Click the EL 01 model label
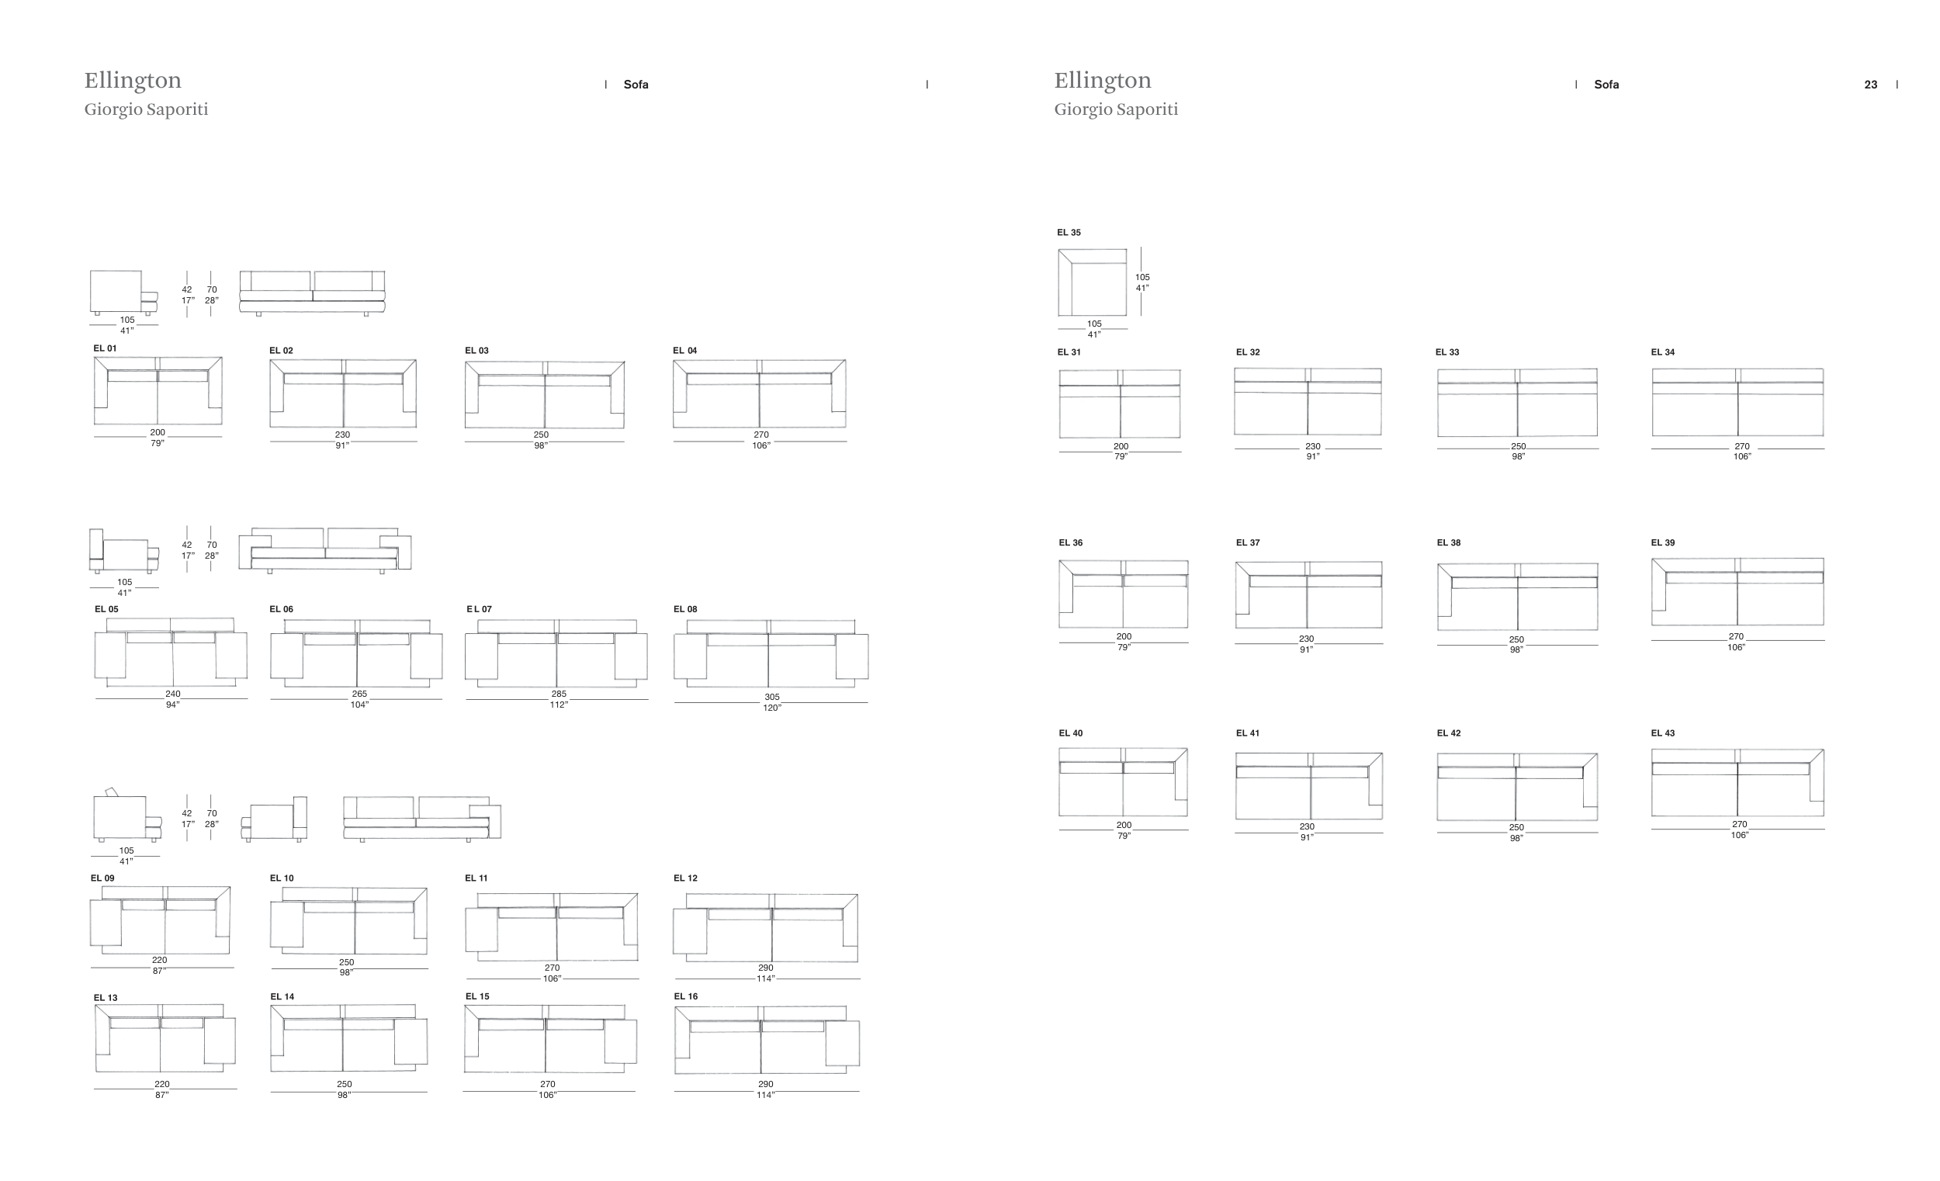105,348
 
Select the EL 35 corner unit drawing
1092,282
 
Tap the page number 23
1871,85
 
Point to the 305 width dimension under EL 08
771,698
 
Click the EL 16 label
686,996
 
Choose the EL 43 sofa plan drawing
1737,783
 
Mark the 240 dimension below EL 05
172,694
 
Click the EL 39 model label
1663,542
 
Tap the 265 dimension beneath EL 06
359,694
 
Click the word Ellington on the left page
133,80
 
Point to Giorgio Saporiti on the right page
1116,109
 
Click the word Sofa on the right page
1606,85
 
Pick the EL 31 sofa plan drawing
1120,404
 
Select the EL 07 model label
479,608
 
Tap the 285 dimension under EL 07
558,694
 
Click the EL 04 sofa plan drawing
759,393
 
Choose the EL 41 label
1248,733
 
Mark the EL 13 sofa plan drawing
165,1037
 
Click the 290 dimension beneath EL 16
765,1084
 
